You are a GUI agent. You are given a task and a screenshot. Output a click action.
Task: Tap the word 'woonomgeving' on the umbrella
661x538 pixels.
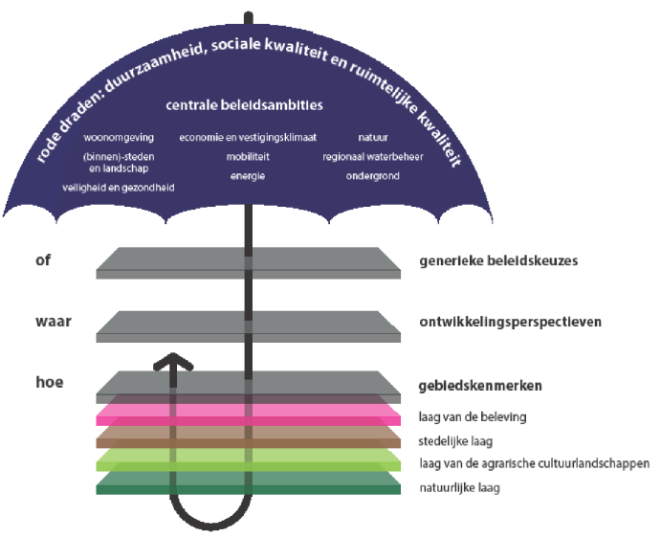118,138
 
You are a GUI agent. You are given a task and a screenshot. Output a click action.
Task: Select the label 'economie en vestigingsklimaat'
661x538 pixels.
248,138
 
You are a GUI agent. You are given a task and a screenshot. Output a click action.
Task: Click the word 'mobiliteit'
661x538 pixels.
248,156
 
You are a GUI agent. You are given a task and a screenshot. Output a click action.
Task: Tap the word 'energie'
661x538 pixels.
248,175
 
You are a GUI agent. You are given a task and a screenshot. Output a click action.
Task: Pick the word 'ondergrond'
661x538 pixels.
372,176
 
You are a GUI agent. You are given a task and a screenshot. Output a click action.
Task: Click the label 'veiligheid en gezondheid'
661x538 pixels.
118,188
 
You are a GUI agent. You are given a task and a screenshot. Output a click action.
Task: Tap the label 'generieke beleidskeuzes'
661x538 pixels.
497,260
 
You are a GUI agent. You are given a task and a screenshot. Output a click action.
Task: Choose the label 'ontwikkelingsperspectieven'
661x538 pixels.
510,322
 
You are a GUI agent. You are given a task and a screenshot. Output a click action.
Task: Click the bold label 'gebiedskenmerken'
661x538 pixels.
480,385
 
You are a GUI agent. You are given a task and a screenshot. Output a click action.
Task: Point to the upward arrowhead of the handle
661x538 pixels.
172,362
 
